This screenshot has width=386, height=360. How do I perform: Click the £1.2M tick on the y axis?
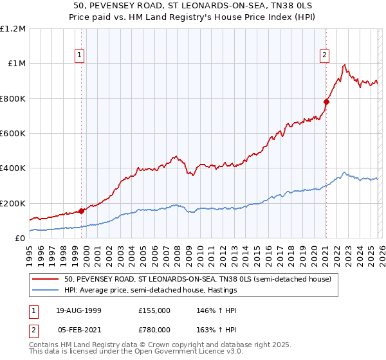pyautogui.click(x=13, y=29)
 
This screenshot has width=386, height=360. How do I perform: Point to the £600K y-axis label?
pyautogui.click(x=13, y=134)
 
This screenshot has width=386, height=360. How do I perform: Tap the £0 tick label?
pyautogui.click(x=19, y=239)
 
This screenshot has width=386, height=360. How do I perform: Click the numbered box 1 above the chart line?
pyautogui.click(x=80, y=55)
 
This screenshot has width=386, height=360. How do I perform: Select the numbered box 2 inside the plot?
pyautogui.click(x=326, y=55)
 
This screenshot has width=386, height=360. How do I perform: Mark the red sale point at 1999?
pyautogui.click(x=82, y=211)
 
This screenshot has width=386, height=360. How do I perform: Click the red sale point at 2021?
pyautogui.click(x=326, y=102)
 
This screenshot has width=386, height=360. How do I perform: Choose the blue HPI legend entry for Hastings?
pyautogui.click(x=151, y=291)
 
